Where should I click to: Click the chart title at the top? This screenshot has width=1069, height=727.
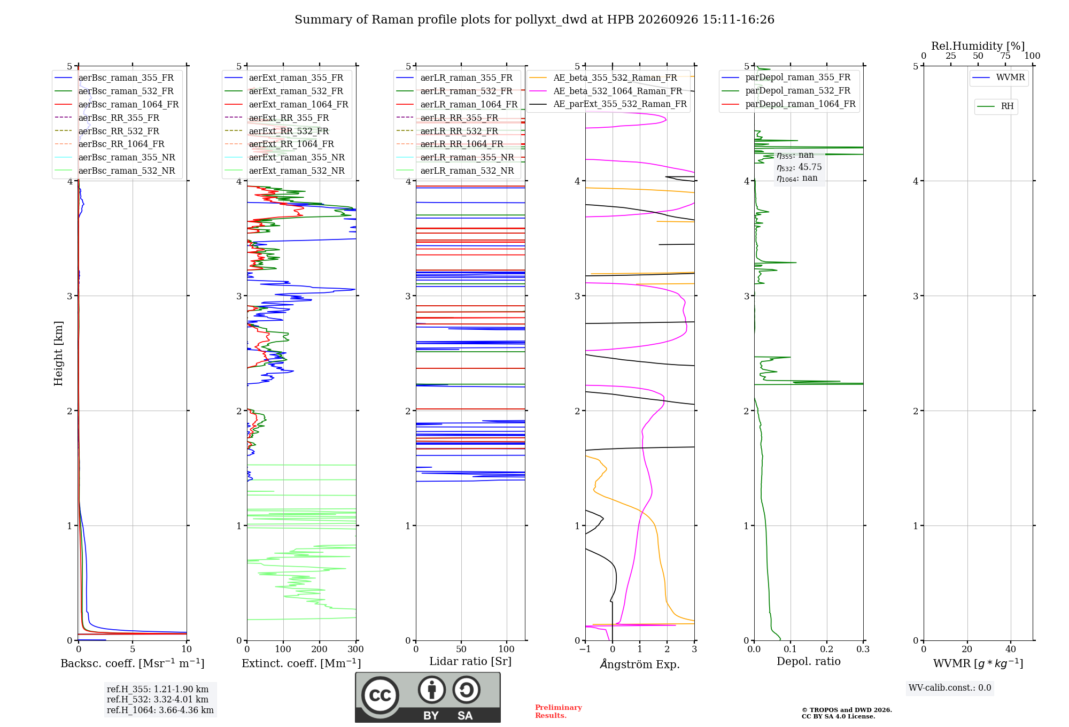[534, 20]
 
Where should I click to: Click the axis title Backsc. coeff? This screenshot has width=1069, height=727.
[132, 663]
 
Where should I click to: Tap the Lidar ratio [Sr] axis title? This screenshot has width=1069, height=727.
[470, 662]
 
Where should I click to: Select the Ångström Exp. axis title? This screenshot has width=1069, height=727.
[640, 664]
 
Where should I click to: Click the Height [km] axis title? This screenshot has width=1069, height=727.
[58, 353]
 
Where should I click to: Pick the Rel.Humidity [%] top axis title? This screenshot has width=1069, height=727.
[978, 46]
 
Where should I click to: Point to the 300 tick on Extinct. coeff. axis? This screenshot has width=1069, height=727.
[355, 649]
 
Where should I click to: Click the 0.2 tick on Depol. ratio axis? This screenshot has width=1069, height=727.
[827, 649]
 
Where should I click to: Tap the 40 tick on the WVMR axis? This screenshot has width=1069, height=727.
[1011, 649]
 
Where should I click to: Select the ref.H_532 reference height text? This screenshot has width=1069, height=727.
[158, 699]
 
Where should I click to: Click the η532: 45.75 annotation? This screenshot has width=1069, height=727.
[799, 167]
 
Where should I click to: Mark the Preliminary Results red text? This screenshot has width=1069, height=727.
[559, 711]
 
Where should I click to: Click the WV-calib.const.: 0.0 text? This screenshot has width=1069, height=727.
[950, 688]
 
